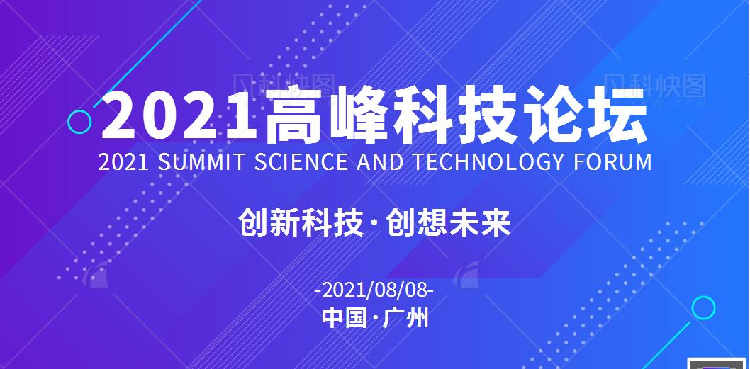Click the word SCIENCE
point(301,162)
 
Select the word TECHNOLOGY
point(488,162)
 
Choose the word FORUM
point(613,162)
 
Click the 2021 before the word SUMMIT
point(123,162)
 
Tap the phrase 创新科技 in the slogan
point(301,222)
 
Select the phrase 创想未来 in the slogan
point(449,222)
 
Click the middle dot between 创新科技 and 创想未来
point(375,222)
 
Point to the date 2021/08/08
point(375,290)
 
